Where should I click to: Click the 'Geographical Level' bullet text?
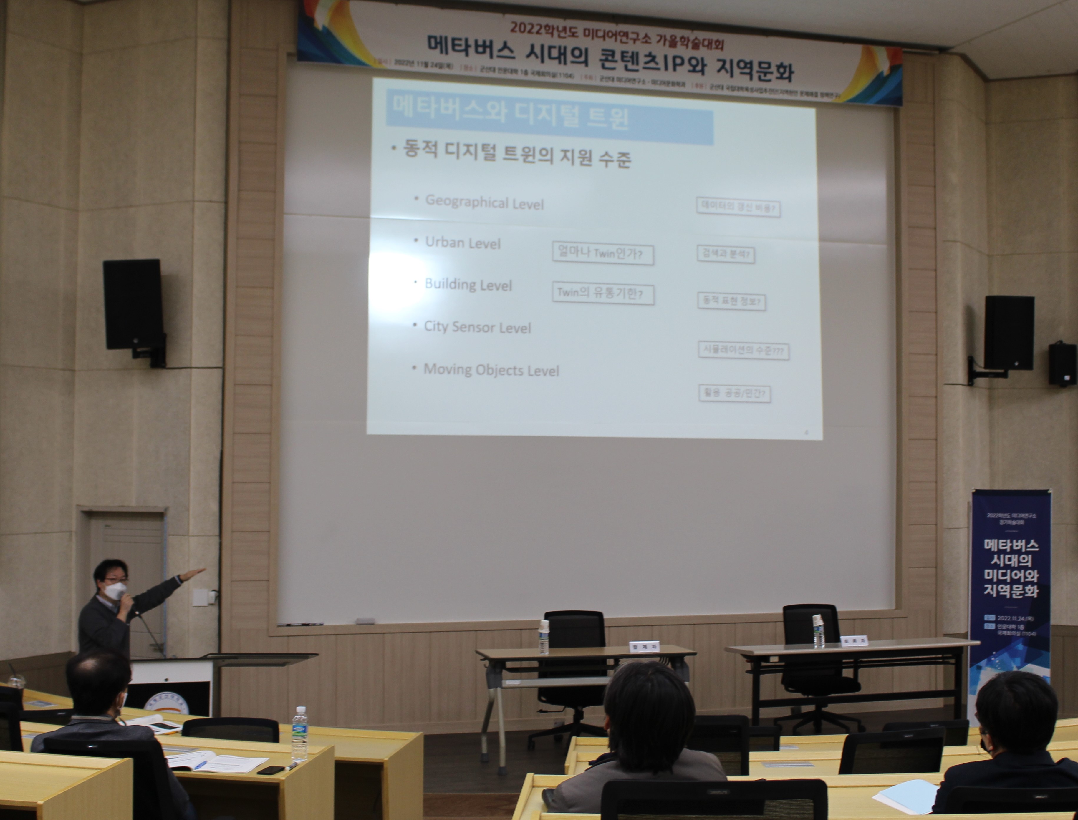[x=484, y=202]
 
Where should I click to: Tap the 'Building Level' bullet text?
[x=468, y=285]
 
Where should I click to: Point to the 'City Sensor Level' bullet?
[x=477, y=327]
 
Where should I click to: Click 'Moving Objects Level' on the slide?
[x=491, y=370]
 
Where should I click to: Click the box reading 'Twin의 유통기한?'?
[x=602, y=294]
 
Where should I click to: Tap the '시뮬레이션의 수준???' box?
[x=743, y=351]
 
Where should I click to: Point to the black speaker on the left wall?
[x=133, y=305]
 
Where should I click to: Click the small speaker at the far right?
[x=1062, y=364]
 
